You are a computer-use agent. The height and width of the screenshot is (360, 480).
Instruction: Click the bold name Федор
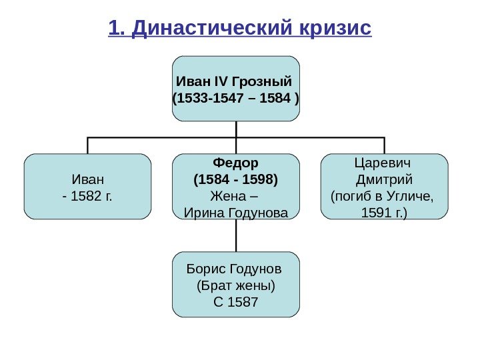236,163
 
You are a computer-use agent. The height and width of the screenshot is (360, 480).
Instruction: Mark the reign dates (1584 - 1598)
236,179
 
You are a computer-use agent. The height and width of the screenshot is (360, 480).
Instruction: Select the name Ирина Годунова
236,213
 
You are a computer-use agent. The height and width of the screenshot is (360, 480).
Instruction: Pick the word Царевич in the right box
385,163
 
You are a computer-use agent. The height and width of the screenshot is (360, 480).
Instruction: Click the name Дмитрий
385,180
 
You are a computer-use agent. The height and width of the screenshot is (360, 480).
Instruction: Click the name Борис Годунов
235,269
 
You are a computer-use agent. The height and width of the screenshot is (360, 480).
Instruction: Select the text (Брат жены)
236,286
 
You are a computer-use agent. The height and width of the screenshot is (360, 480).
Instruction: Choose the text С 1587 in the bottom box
235,303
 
